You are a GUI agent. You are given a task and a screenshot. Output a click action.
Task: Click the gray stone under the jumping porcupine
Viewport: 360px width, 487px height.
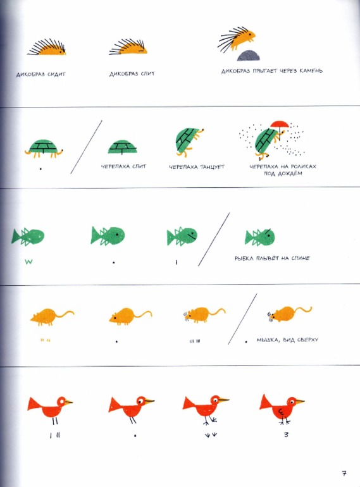coord(248,56)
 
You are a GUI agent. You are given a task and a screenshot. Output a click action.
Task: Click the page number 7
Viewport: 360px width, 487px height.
coord(344,473)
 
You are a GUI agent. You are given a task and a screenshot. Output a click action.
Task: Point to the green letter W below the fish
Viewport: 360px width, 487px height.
coord(28,262)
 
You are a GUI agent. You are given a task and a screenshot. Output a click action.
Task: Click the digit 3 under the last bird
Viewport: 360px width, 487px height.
coord(286,435)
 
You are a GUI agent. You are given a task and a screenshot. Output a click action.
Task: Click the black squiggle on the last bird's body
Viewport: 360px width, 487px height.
coord(282,412)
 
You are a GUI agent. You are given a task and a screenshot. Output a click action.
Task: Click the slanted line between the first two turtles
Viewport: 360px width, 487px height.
coord(86,147)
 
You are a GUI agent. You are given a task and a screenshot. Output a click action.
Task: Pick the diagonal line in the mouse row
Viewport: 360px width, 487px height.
coord(242,319)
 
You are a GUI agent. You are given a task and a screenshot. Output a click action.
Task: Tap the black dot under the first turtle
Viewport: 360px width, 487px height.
coord(40,169)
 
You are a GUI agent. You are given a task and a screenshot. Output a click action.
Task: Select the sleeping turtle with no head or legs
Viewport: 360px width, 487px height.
coord(122,147)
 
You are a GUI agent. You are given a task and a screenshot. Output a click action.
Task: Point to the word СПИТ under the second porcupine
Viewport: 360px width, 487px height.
coord(147,73)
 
